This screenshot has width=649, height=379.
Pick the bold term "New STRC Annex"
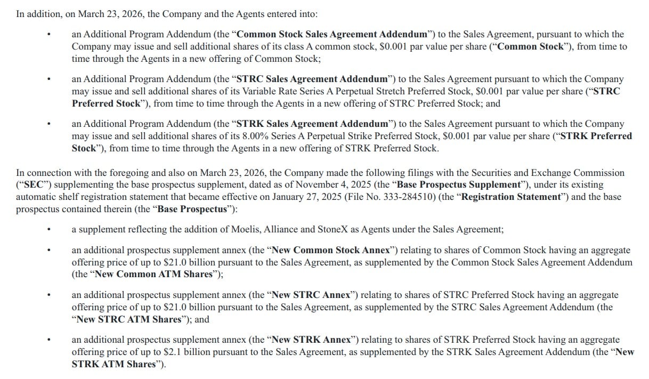pyautogui.click(x=311, y=295)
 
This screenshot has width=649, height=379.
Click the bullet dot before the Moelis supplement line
pyautogui.click(x=48, y=230)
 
